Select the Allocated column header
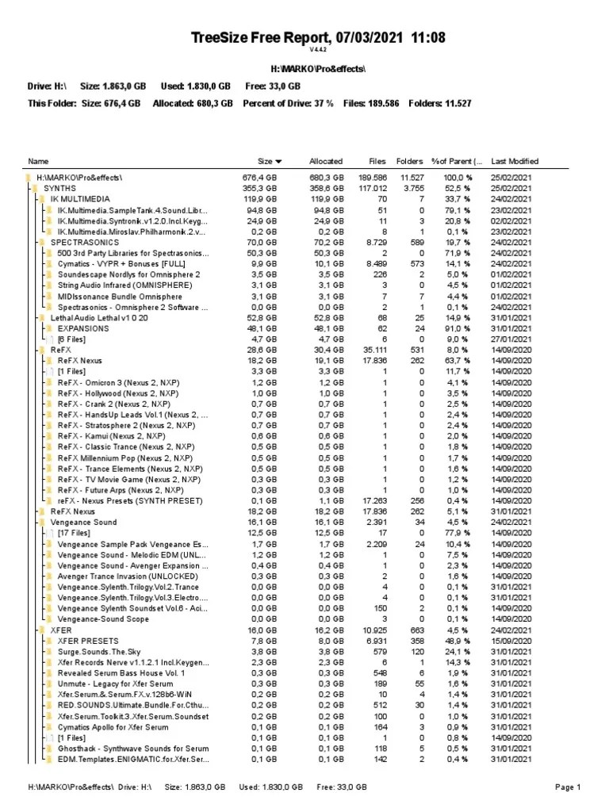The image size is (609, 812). pos(326,161)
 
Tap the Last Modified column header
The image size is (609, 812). pos(515,161)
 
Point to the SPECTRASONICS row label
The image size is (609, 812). pos(84,241)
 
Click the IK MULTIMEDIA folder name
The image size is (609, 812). pos(80,198)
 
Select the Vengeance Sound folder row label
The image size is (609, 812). pos(83,523)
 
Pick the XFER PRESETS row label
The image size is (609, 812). pos(88,641)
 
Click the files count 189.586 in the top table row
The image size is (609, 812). pos(373,177)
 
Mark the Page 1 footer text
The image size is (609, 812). pos(568,787)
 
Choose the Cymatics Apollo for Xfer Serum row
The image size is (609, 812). pos(113,727)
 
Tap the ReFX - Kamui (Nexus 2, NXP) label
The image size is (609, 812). pos(111,436)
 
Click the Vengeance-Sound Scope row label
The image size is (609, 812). pos(102,619)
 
